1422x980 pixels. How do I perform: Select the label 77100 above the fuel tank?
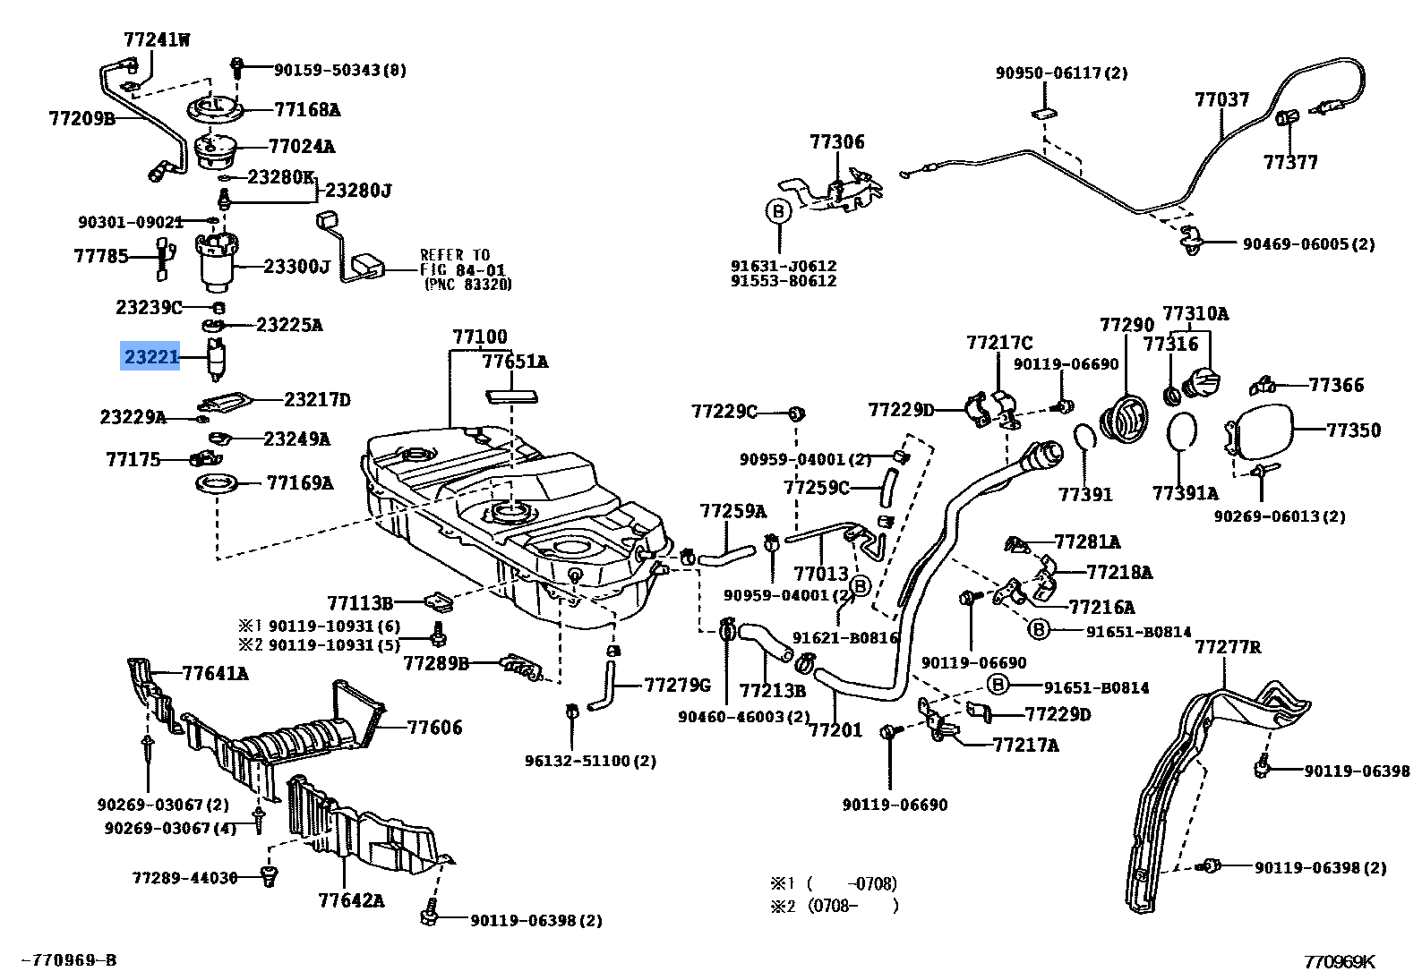point(479,337)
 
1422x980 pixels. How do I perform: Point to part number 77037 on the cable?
point(1221,99)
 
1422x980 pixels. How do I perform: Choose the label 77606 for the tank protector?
point(434,727)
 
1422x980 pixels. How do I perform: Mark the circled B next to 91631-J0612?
point(778,211)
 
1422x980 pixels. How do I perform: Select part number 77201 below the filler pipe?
point(835,730)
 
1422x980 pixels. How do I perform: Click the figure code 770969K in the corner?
point(1338,962)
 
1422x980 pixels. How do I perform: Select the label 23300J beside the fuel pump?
point(296,266)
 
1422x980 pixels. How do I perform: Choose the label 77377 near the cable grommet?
point(1290,162)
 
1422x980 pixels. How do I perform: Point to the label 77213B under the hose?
point(772,691)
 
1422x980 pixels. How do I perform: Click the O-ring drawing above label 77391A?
point(1183,431)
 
